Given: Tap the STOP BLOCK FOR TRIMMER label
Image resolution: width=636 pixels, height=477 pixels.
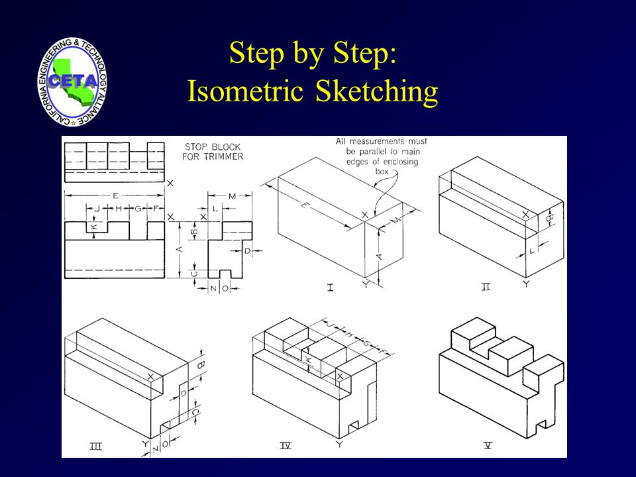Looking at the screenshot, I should [213, 151].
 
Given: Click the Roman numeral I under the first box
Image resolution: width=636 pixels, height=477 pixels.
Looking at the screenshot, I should [329, 288].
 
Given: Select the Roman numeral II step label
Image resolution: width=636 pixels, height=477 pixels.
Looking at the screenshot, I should [485, 288].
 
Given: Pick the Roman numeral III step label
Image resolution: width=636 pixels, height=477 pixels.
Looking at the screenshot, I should [95, 447].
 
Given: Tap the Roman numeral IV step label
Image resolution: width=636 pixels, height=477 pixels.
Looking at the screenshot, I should [286, 447].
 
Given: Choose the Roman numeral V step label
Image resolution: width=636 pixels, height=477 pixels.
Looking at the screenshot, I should [488, 447].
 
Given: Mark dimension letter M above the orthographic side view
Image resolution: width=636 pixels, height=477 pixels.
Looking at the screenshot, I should [232, 195].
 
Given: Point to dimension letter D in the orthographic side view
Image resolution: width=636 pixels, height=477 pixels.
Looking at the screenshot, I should [247, 251].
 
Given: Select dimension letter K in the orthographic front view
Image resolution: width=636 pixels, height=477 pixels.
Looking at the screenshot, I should [94, 227].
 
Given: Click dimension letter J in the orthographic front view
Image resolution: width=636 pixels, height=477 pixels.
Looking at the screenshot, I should [97, 209].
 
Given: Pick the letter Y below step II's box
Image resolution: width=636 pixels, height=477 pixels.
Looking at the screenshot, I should [525, 284].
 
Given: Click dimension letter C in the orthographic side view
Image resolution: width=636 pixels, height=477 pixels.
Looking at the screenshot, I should [194, 273].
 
